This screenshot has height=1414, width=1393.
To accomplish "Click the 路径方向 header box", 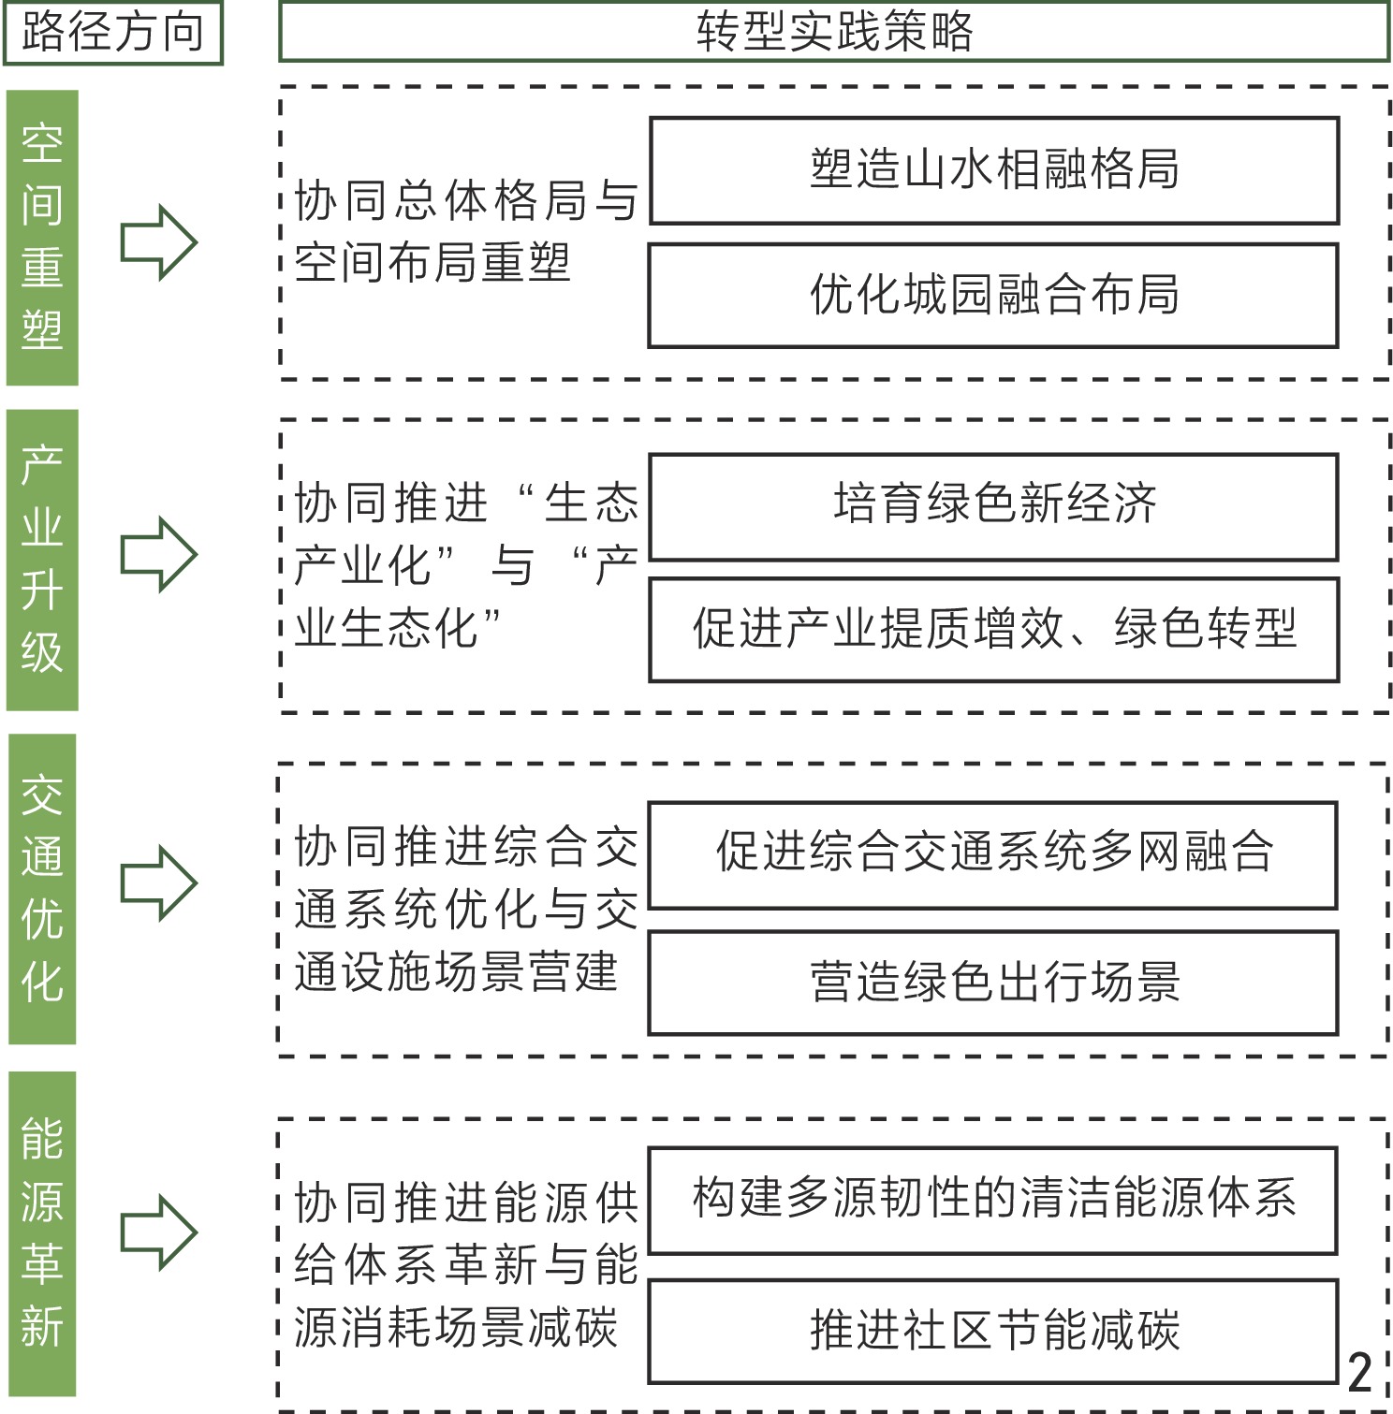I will (112, 33).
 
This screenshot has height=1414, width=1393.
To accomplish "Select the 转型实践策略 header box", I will (833, 33).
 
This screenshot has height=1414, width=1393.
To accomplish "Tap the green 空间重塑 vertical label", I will (42, 238).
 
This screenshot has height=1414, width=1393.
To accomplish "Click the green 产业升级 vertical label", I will (42, 560).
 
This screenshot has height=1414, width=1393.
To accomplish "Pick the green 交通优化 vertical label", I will (42, 889).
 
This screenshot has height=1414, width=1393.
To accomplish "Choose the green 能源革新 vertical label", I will (42, 1233).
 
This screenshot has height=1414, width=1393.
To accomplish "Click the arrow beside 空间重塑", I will (158, 242).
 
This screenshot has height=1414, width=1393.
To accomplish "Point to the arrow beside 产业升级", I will (158, 555).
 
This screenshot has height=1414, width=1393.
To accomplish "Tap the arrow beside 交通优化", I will (158, 883).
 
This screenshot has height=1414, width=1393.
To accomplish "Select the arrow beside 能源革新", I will (158, 1232).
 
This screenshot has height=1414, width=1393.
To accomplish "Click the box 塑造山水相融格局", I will (994, 170).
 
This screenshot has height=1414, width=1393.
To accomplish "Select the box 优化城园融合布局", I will (993, 296).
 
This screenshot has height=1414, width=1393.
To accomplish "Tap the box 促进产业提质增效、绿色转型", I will (994, 629).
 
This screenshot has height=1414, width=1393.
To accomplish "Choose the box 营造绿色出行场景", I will (993, 983).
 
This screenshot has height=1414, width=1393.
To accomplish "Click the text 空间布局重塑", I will (433, 263).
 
